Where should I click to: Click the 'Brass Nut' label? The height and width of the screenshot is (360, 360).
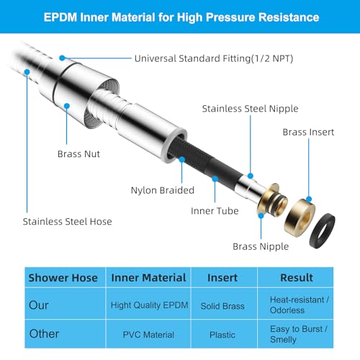78,154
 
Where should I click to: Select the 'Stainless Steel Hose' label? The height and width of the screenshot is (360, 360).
68,222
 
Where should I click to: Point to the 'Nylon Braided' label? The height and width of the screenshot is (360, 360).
163,190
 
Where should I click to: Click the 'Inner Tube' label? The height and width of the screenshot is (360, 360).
215,211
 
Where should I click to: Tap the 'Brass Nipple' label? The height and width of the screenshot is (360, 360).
261,247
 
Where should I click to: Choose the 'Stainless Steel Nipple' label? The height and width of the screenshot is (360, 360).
250,109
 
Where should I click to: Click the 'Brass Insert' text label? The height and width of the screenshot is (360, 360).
308,132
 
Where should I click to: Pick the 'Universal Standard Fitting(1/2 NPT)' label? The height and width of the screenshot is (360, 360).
214,58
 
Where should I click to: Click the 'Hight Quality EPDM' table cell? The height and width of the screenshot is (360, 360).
149,305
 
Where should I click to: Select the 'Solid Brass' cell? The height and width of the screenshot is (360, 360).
222,306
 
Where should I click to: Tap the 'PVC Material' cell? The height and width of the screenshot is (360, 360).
148,335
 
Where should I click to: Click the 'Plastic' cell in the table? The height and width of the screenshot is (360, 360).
222,335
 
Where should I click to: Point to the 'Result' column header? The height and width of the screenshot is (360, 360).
297,278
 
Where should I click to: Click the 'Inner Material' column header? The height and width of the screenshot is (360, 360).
148,278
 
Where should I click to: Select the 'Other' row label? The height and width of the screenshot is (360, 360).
44,334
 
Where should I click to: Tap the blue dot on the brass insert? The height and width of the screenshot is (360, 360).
309,199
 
